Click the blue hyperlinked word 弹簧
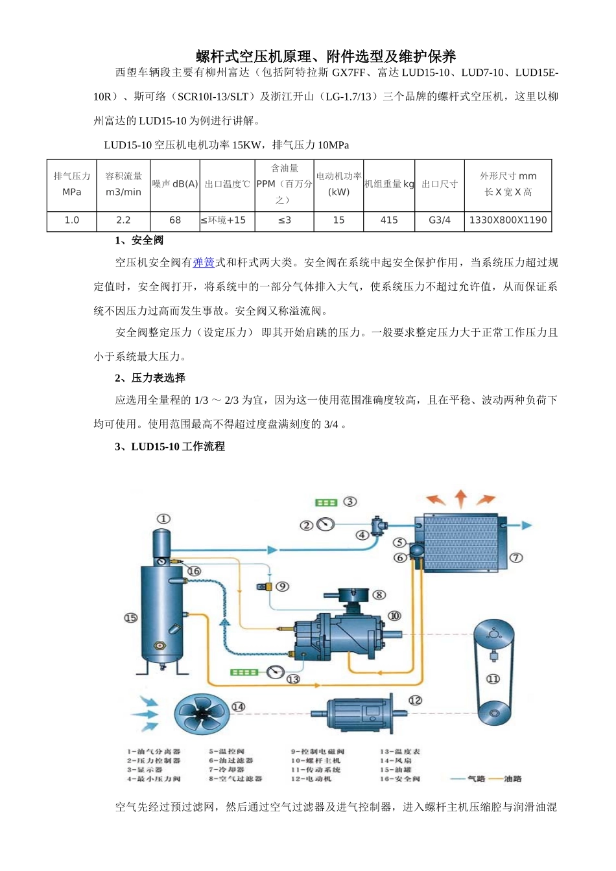click(x=204, y=262)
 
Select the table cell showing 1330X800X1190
click(x=508, y=220)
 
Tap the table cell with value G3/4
click(x=440, y=220)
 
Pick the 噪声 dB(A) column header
click(x=175, y=184)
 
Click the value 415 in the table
click(x=389, y=220)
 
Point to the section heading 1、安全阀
click(x=139, y=240)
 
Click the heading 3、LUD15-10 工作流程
click(x=169, y=447)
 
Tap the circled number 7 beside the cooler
click(x=516, y=557)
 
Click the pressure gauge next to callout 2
click(x=326, y=524)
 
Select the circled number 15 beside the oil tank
click(x=130, y=618)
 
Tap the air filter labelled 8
click(x=351, y=594)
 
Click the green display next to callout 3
click(x=326, y=502)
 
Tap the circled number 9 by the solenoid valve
click(x=282, y=586)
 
